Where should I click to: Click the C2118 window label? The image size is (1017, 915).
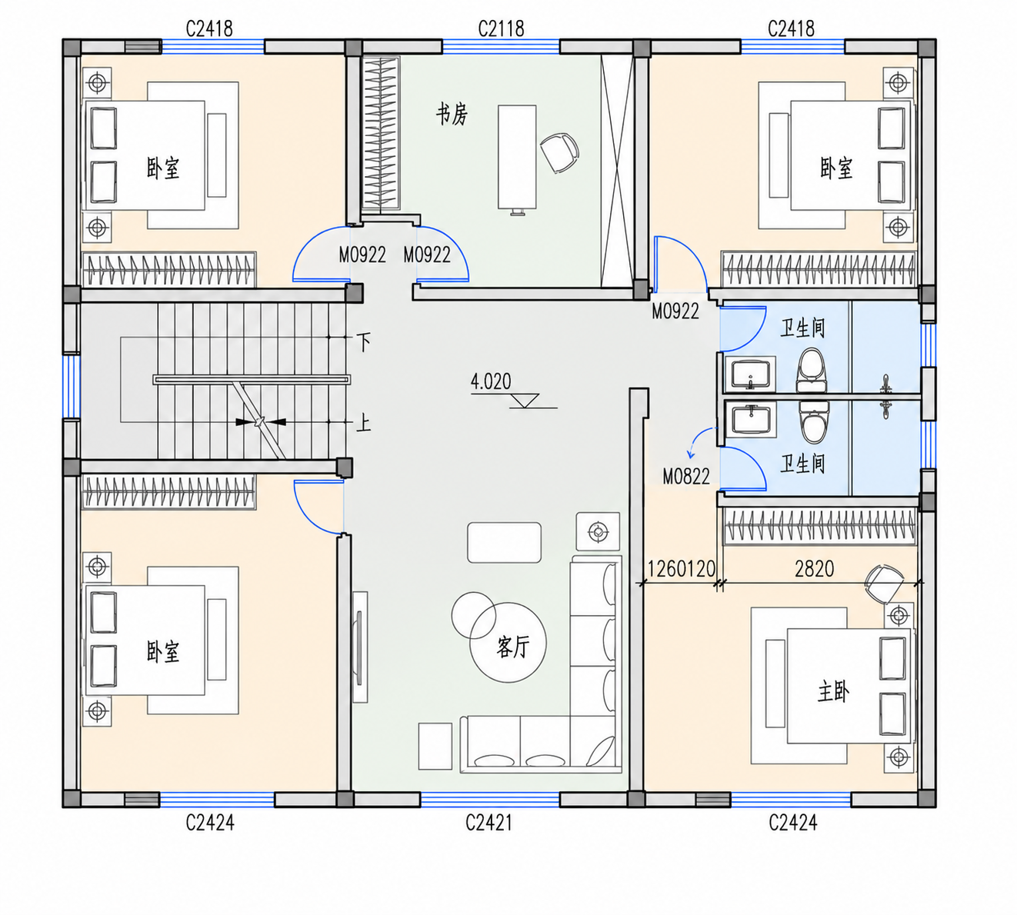501,29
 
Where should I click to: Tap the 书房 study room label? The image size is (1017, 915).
452,114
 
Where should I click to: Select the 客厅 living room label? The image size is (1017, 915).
513,647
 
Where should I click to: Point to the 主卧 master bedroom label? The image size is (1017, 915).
833,691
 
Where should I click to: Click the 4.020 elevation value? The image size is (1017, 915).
491,381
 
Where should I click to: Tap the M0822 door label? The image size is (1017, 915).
686,477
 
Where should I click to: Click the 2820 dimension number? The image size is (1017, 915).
814,569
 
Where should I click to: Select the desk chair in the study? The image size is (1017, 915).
559,152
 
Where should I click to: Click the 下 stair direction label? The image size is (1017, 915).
364,342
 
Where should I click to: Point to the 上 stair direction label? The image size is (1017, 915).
363,423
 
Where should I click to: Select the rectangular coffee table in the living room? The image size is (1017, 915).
504,542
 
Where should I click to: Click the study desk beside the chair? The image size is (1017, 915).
517,158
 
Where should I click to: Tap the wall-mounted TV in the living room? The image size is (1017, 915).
359,647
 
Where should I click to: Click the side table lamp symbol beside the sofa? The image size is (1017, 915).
598,532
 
